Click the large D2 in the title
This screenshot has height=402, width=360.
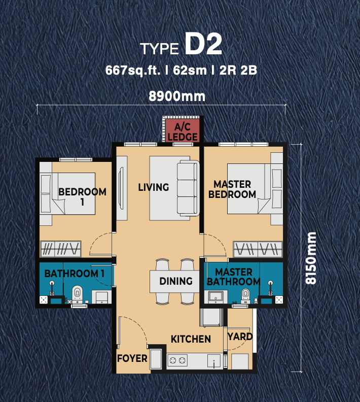(203, 44)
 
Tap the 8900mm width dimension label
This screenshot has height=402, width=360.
(177, 96)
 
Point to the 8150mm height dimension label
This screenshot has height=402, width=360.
(311, 258)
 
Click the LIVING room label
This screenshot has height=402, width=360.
(153, 187)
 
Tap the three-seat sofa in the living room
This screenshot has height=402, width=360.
(188, 188)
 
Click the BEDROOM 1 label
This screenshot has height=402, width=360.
(82, 196)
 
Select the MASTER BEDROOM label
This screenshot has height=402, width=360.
(232, 189)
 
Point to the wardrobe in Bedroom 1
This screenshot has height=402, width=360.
(61, 249)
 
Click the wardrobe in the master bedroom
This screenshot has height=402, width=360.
(258, 249)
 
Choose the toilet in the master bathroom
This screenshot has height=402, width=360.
(245, 295)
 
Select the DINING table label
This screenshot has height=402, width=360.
(176, 281)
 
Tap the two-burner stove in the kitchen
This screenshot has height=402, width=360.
(177, 360)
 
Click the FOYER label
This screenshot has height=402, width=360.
(132, 358)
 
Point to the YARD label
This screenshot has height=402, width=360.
(240, 337)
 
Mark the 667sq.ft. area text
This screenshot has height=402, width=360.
(133, 70)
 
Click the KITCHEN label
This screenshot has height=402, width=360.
(191, 339)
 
